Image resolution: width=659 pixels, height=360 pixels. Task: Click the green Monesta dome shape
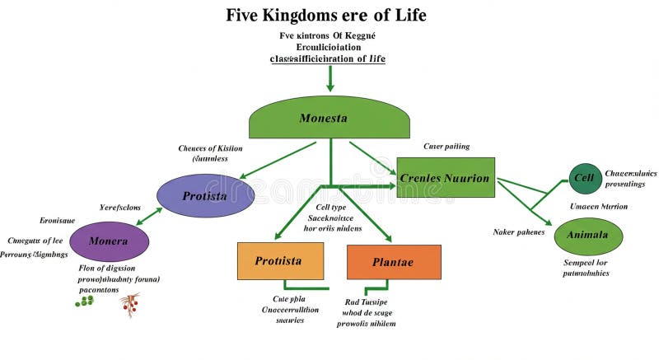[329, 119]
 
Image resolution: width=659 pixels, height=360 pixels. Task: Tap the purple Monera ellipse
[109, 241]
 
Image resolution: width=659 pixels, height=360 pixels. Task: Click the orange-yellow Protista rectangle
[280, 261]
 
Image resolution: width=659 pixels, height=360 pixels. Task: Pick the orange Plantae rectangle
[393, 262]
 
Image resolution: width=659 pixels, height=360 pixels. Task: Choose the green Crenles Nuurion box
[445, 178]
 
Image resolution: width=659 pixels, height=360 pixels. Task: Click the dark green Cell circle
[584, 178]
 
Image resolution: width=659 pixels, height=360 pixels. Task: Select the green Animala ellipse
[587, 236]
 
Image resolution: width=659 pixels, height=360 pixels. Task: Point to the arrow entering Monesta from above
[329, 78]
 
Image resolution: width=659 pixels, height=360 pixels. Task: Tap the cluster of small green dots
[84, 302]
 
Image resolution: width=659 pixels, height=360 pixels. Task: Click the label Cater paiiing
[446, 146]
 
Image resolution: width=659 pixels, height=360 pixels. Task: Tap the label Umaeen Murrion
[598, 206]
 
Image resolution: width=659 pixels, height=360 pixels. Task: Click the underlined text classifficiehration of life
[328, 59]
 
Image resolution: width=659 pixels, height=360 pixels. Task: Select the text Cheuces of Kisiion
[210, 148]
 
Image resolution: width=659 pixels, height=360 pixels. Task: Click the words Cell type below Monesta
[333, 207]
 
